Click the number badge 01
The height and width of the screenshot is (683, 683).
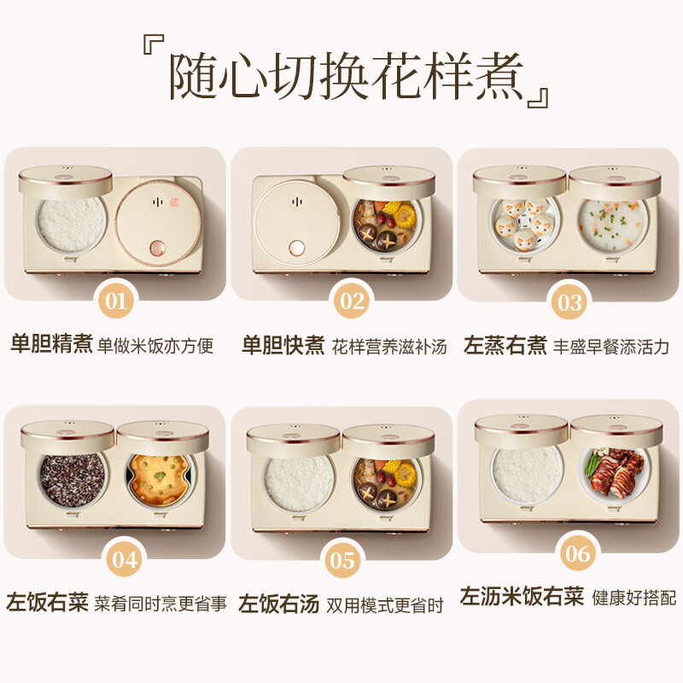[117, 301]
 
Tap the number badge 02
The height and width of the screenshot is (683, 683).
[351, 301]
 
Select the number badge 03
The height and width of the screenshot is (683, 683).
[569, 301]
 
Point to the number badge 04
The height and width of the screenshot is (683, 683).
[125, 560]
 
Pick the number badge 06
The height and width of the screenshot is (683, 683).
[579, 553]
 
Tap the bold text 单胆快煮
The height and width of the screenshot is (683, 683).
[283, 346]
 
